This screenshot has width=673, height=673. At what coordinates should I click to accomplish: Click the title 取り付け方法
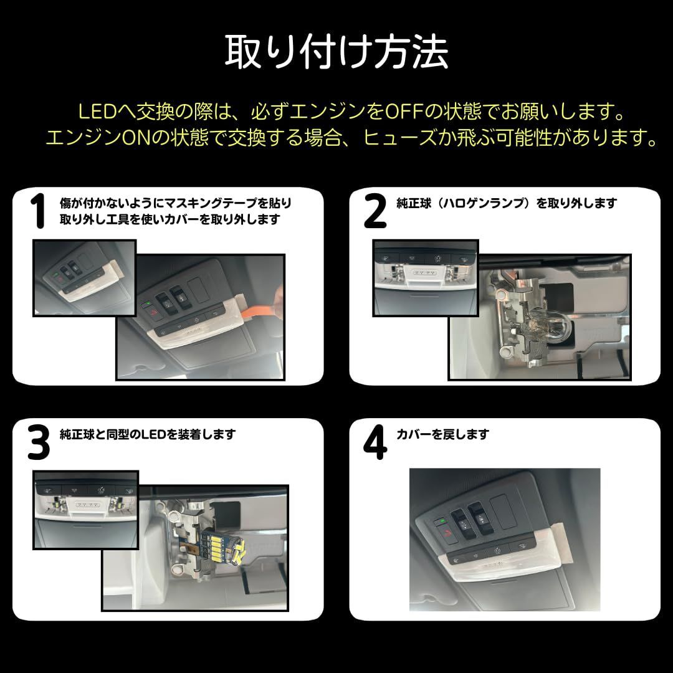point(336,52)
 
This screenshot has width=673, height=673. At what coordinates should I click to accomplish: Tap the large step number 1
point(38,211)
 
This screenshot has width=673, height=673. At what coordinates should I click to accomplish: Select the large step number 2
point(375,211)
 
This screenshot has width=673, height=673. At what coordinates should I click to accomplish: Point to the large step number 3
point(38,442)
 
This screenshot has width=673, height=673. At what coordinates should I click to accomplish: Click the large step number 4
point(375,442)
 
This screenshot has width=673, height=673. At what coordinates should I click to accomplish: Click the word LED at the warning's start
point(97,112)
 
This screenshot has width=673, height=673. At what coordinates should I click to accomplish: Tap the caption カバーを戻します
point(442,434)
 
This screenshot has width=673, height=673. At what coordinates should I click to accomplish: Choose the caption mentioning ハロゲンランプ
point(507,203)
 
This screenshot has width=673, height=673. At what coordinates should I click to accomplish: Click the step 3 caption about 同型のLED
point(148,434)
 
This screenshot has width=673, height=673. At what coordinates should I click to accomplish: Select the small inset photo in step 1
point(85,278)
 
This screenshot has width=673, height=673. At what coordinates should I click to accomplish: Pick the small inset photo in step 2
point(426,278)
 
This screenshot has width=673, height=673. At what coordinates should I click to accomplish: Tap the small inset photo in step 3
point(86,510)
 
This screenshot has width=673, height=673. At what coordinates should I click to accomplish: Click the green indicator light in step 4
point(440,522)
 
